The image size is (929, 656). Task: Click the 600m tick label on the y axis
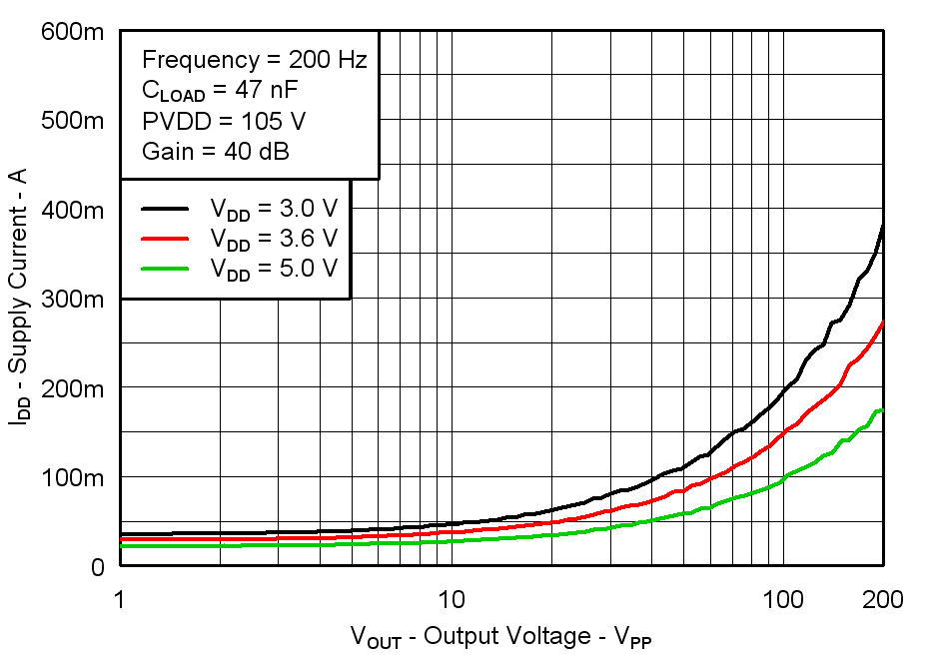pos(72,32)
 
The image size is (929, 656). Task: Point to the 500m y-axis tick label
pos(72,121)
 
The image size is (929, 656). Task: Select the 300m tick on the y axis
pos(72,299)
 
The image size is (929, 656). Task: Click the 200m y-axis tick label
pos(72,387)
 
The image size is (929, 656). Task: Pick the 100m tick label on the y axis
pos(72,477)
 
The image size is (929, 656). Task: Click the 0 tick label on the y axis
pos(97,566)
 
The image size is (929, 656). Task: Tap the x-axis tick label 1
pos(120,599)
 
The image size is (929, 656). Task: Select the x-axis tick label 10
pos(452,599)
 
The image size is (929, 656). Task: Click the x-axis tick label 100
pos(783,599)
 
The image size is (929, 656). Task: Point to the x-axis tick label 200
pos(883,599)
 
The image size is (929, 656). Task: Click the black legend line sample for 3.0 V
pos(164,209)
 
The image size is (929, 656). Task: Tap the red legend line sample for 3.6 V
pos(164,239)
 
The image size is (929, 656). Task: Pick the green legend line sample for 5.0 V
pos(164,268)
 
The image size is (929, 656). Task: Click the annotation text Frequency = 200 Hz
pos(254,60)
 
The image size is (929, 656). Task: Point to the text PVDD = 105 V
pos(224,122)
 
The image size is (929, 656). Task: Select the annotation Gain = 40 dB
pos(216,153)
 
